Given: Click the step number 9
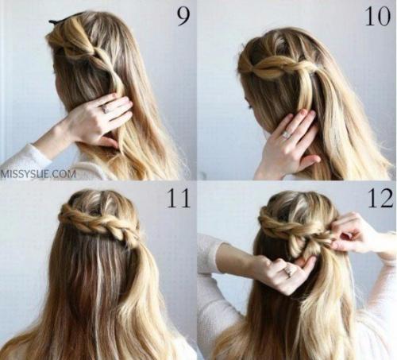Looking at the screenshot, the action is click(183, 16).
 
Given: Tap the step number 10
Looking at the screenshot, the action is click(377, 16).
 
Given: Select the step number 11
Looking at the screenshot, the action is click(179, 198).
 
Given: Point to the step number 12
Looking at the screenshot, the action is click(380, 198).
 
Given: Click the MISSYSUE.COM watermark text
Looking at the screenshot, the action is click(38, 174).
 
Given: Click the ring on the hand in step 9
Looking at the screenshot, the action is click(104, 108).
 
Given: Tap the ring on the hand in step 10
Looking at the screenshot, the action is click(286, 135).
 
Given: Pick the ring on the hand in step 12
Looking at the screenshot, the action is click(287, 272).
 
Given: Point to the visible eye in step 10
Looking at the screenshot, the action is click(250, 106).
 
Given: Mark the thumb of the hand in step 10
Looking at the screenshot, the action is click(310, 160).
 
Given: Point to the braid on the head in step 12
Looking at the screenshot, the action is click(294, 225).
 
